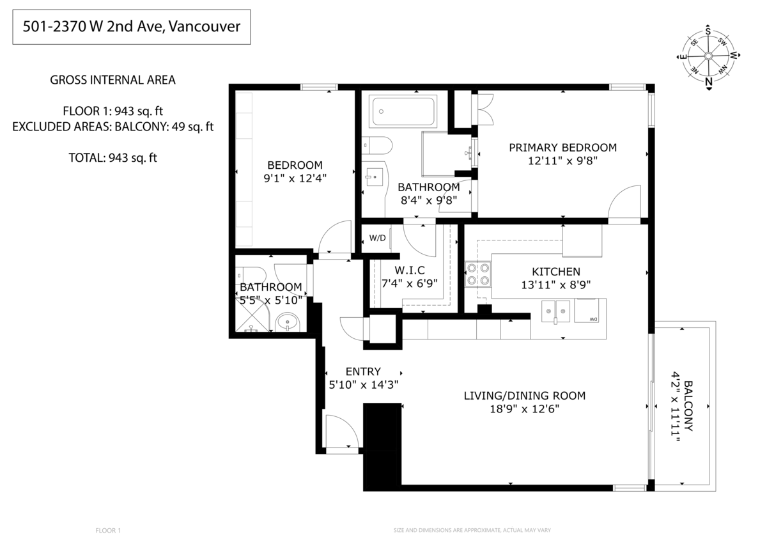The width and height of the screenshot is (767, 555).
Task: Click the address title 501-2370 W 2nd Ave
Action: coord(131,27)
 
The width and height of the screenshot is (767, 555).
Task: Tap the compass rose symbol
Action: coord(708,56)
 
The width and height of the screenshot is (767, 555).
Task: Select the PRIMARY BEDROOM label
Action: coord(562,148)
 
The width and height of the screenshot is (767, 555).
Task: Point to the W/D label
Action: coord(378,238)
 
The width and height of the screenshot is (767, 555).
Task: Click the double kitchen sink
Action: coord(556,311)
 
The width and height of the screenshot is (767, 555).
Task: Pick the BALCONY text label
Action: coord(689,406)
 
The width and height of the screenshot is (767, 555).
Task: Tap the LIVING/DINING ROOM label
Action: coord(524,396)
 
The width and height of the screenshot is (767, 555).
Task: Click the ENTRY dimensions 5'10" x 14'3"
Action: coord(363,384)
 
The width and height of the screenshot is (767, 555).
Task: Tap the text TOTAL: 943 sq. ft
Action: coord(112,157)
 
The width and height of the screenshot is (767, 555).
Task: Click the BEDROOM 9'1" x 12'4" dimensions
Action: coord(295,178)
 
